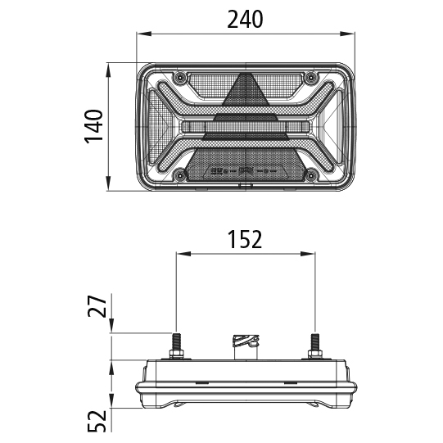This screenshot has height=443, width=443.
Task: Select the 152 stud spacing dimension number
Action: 245,239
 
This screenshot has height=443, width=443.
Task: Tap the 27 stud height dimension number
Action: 97,308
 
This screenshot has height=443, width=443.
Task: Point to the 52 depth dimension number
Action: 97,421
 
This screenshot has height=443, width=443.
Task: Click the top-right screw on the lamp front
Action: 310,78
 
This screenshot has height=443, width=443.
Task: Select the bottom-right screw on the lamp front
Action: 310,173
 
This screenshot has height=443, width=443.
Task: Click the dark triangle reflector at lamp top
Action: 245,92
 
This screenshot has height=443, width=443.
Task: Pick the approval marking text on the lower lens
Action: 245,172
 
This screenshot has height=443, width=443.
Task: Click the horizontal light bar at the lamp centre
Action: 245,129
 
